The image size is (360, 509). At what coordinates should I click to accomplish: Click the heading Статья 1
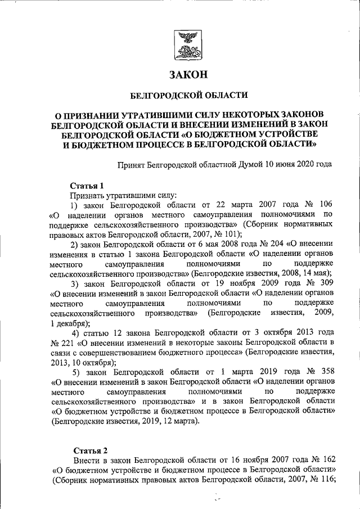pyautogui.click(x=87, y=185)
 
